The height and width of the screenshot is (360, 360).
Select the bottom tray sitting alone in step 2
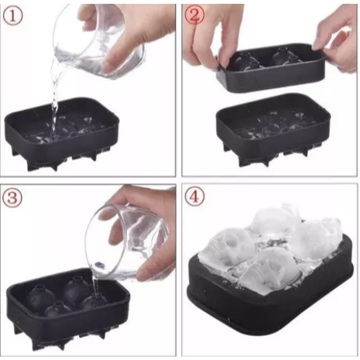click(271, 128)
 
